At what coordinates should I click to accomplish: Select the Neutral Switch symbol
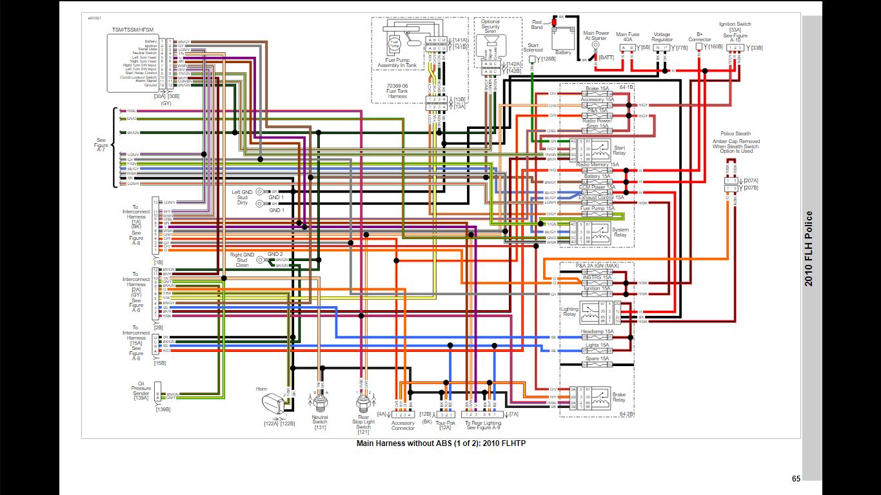coord(320,403)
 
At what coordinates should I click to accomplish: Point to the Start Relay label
coord(619,150)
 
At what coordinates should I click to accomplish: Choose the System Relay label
coord(620,232)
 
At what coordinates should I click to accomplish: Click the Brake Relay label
coord(619,397)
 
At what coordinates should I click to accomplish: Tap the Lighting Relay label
coord(569,311)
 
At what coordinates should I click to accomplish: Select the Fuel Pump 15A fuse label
coord(597,208)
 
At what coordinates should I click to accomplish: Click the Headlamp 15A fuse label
coord(597,331)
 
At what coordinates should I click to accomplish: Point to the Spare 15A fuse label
coord(597,358)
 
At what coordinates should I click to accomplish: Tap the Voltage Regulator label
coord(662,37)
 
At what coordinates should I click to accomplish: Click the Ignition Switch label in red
coord(735,24)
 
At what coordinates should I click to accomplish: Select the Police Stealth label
coord(735,134)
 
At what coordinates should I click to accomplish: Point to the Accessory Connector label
coord(403,425)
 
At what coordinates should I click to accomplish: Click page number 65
coord(796,479)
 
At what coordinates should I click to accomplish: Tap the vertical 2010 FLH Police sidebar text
coord(809,248)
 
